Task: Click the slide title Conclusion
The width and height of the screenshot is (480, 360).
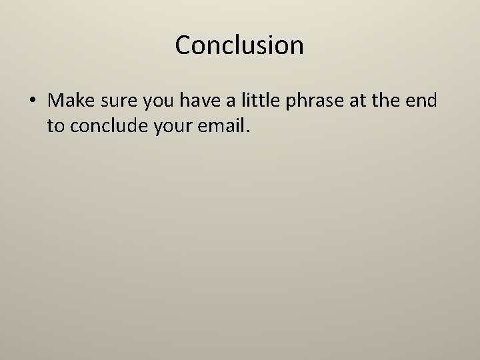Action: pyautogui.click(x=239, y=45)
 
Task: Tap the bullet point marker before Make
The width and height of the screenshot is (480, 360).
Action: pyautogui.click(x=31, y=101)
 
